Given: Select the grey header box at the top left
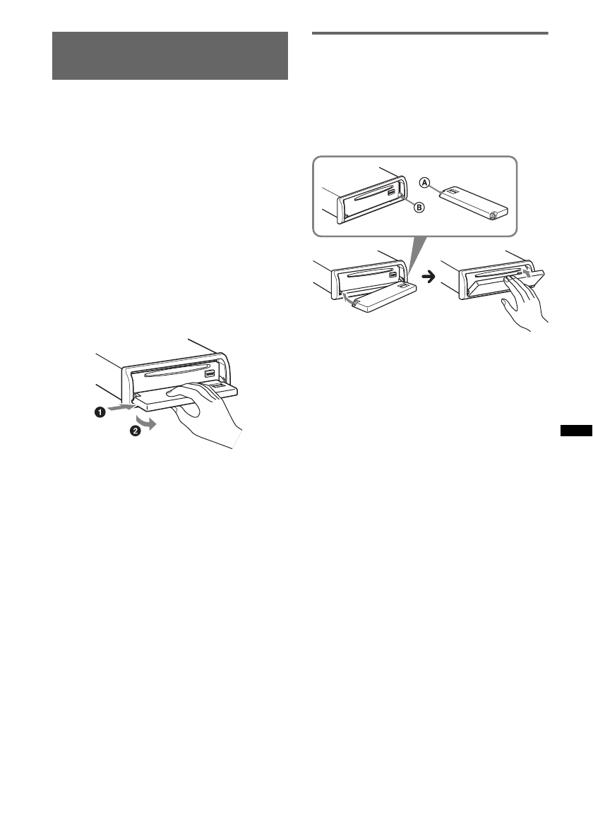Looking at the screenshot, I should click(x=170, y=56).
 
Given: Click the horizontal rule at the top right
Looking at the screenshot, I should click(x=429, y=32).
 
